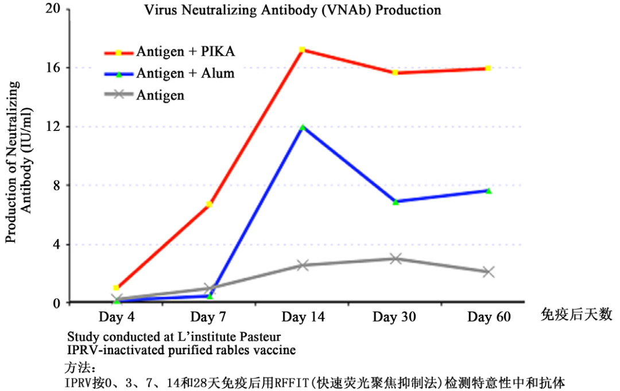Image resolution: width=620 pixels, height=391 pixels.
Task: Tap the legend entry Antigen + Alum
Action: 185,73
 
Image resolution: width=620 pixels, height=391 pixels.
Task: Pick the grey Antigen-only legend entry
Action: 160,95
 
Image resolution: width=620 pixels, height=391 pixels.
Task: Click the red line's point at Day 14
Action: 302,50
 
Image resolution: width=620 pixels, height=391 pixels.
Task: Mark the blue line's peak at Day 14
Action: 303,127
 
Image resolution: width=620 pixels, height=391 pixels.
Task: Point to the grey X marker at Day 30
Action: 395,258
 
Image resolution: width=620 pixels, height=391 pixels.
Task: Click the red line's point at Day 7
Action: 209,204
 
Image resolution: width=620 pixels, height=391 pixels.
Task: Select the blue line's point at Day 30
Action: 396,202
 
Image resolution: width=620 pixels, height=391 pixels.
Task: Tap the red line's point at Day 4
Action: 117,288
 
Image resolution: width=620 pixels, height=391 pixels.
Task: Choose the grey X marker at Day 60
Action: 489,272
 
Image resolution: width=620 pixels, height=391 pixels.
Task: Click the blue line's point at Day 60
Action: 489,191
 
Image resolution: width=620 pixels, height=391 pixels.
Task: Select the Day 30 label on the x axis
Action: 394,318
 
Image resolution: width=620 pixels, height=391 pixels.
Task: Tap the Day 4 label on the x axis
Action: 117,318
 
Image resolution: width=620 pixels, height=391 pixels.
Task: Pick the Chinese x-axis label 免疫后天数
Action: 576,315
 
